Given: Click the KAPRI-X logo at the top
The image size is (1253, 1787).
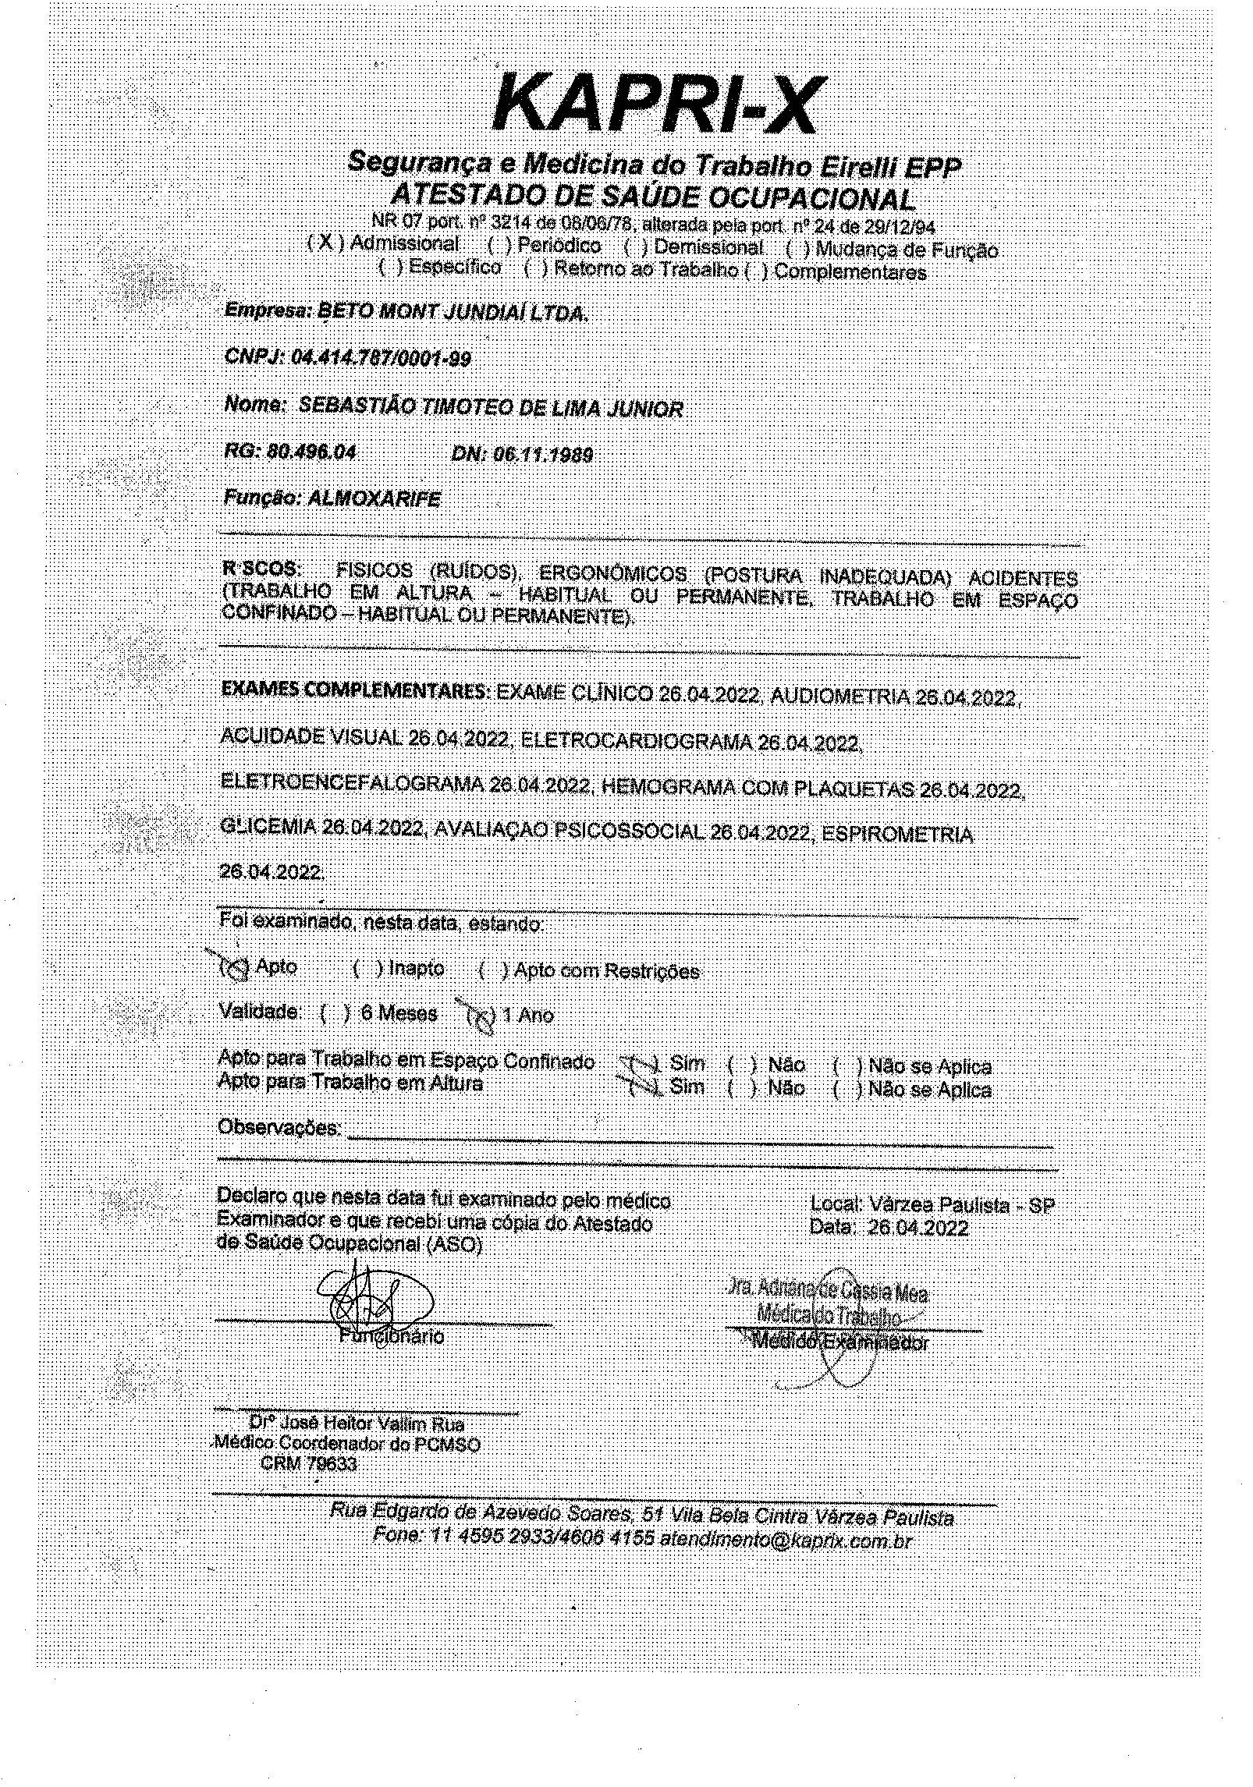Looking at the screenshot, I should pyautogui.click(x=654, y=108).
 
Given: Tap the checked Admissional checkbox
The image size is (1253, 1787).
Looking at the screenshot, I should pyautogui.click(x=325, y=243).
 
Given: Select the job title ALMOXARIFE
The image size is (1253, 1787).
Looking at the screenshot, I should pyautogui.click(x=374, y=499).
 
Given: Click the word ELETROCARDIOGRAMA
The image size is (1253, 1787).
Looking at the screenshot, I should pyautogui.click(x=637, y=742).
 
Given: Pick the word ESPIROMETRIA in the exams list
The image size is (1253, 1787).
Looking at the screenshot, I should pyautogui.click(x=897, y=835).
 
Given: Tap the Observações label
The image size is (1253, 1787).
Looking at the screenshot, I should pyautogui.click(x=279, y=1127).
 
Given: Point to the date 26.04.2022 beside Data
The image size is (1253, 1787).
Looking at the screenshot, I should pyautogui.click(x=918, y=1228).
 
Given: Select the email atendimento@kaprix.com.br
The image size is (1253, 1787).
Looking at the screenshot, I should pyautogui.click(x=786, y=1541).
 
